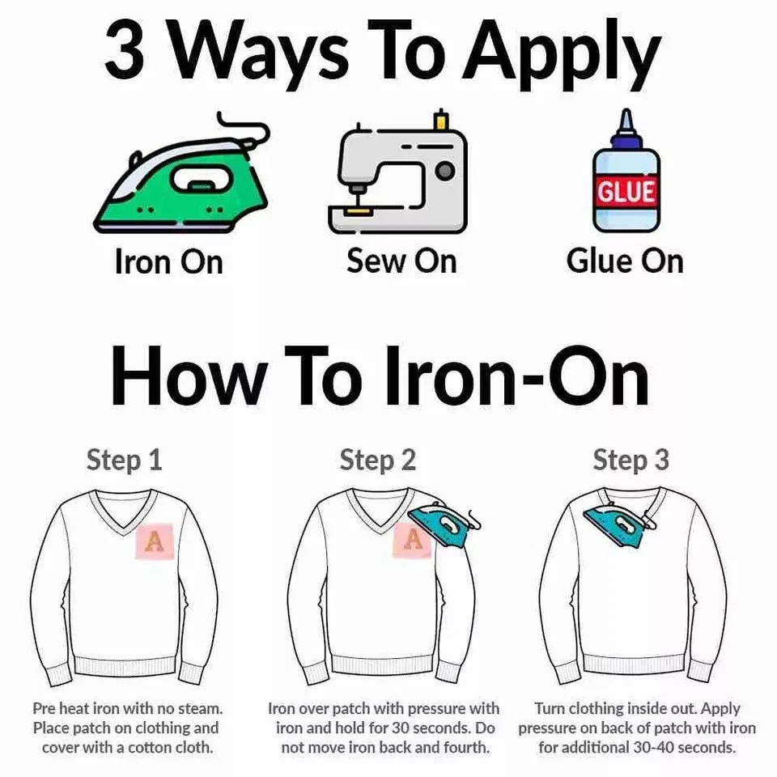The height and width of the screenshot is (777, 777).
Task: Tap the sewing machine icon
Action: [397, 173]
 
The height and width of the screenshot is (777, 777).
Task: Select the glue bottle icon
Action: [626, 171]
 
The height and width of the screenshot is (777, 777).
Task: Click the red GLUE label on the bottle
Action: [626, 191]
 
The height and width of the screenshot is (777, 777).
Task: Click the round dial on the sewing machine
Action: [445, 172]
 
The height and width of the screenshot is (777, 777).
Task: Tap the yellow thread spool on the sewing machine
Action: [440, 120]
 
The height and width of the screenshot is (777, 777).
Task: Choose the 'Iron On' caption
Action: [168, 261]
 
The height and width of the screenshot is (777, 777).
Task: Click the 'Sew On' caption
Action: [401, 261]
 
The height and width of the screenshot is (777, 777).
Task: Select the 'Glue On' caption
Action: [625, 261]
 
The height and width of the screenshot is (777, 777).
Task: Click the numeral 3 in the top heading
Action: [125, 49]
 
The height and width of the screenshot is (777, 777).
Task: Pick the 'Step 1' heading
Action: [125, 461]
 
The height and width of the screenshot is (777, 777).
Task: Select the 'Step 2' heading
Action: [378, 461]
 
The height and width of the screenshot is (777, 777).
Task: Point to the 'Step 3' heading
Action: [631, 461]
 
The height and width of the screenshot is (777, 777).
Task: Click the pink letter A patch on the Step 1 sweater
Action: [155, 541]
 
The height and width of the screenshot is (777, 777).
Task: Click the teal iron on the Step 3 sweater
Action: [621, 526]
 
